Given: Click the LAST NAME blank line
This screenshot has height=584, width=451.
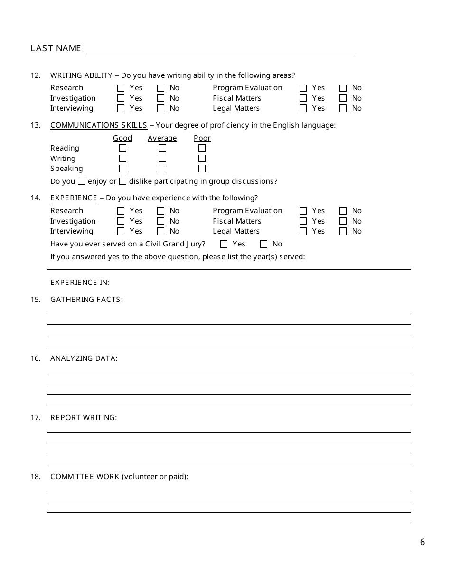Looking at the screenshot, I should [220, 49].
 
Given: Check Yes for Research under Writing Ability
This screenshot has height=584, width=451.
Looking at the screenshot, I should [121, 88].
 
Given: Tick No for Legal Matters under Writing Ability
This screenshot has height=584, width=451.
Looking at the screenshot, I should [343, 108].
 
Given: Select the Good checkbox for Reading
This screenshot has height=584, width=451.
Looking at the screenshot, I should [122, 148].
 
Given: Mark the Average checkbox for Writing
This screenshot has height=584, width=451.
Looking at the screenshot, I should [162, 159].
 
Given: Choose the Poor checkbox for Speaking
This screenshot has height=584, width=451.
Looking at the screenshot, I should [202, 169].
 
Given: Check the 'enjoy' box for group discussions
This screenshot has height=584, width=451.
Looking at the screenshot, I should [82, 181].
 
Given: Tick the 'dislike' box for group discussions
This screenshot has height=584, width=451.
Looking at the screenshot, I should [122, 181].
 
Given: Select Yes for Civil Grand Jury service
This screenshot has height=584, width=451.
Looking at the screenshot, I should [224, 244].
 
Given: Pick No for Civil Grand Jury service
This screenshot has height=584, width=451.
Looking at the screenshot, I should [263, 244].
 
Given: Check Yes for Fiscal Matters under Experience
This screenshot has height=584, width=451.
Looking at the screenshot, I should [303, 221].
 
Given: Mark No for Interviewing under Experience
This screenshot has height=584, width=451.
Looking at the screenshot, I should [160, 231].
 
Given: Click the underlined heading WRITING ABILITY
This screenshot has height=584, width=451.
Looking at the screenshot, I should [81, 75].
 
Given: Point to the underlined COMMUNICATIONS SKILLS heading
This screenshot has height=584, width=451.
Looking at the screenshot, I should [99, 125].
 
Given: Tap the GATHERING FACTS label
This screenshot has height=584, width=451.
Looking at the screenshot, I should [86, 300].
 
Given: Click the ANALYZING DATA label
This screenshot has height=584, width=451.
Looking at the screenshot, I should [84, 358].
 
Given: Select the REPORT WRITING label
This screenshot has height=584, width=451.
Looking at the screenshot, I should [84, 418].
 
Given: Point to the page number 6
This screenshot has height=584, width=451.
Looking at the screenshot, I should [423, 542].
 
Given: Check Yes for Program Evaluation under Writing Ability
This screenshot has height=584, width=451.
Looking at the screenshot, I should [303, 88].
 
